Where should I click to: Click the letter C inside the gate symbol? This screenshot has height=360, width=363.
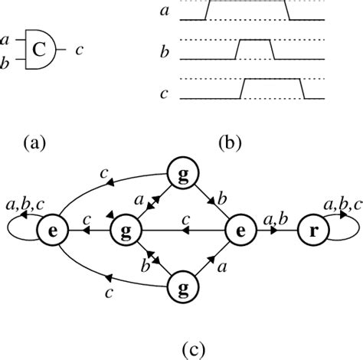pyautogui.click(x=38, y=51)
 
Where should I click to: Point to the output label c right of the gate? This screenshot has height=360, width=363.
pyautogui.click(x=80, y=51)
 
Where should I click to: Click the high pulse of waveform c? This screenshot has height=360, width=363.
pyautogui.click(x=270, y=80)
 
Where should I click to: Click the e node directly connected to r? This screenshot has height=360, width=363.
pyautogui.click(x=240, y=228)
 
